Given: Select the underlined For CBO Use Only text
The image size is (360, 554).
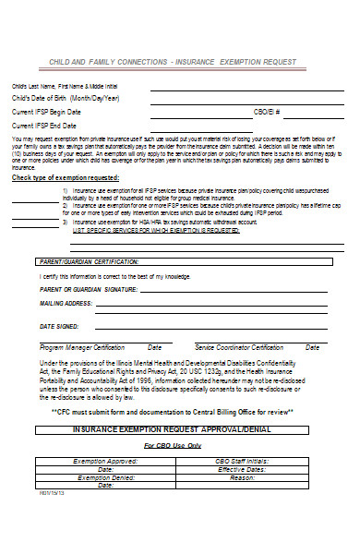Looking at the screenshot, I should (172, 445).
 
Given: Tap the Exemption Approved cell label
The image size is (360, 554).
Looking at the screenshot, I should (104, 460).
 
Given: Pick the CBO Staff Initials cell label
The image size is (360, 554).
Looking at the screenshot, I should (242, 460).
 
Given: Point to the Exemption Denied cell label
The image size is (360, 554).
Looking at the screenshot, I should (107, 478).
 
